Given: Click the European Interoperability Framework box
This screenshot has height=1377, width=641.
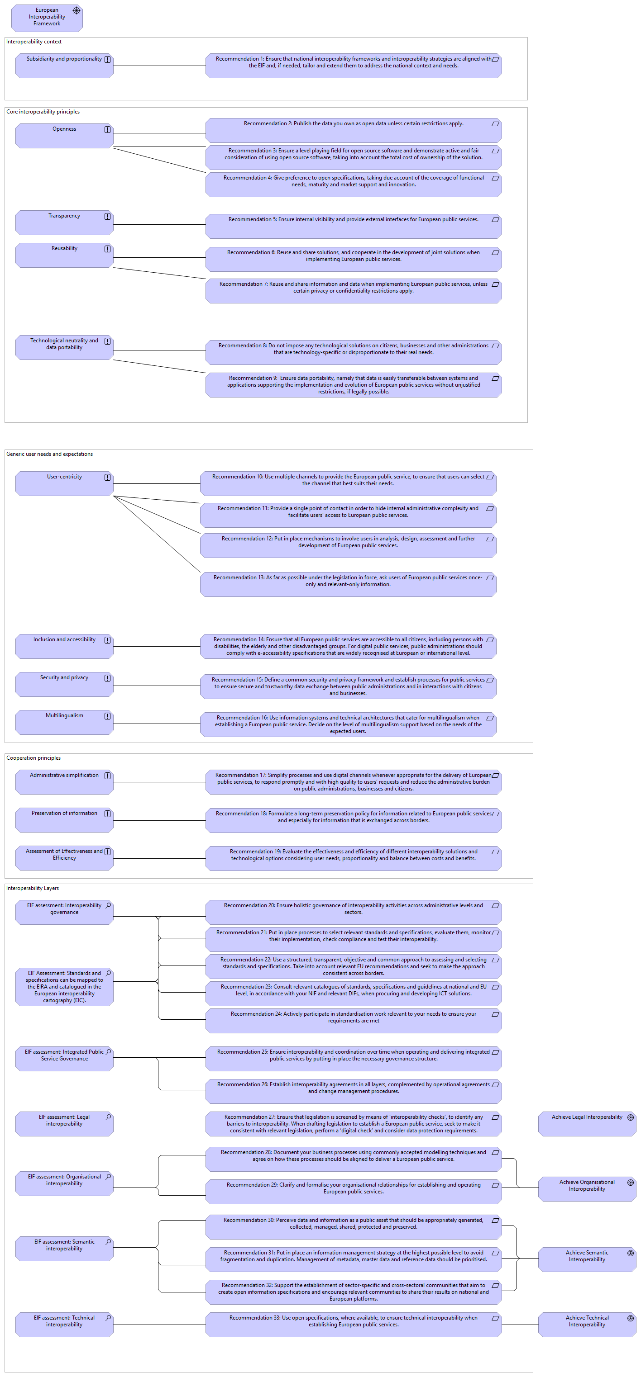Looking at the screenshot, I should (47, 18).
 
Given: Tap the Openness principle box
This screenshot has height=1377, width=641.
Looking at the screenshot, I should (64, 136).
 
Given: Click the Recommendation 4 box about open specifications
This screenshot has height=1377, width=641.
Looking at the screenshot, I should (353, 185).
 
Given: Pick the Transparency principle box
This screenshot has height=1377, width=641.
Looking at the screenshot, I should (64, 222).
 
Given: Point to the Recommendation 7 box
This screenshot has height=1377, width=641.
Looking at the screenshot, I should (353, 291).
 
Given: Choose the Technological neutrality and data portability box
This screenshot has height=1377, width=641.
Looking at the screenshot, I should (64, 347).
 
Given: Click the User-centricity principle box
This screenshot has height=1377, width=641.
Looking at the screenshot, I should (64, 483).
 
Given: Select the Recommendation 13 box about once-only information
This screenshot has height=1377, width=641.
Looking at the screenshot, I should (348, 584).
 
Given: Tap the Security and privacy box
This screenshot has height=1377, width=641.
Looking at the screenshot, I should (64, 684).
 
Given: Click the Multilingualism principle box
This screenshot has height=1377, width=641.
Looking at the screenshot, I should (64, 722).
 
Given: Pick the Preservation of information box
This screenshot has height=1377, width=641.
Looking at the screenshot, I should (64, 820).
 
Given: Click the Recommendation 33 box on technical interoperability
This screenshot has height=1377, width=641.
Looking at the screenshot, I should (353, 1325).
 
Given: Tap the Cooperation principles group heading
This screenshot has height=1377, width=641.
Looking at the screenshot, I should (33, 758).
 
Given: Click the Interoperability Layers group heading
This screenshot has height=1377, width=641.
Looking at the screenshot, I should (33, 888).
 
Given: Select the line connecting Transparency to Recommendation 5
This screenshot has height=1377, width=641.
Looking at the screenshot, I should (159, 224).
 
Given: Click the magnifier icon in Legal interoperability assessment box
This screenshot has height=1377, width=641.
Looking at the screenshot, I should (109, 1117).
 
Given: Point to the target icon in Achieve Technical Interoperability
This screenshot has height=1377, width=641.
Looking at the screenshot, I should (630, 1318).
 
